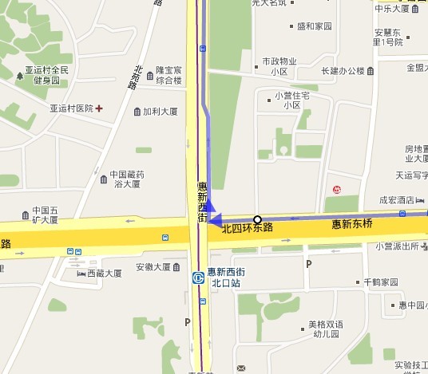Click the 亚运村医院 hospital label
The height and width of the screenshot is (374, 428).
click(71, 108)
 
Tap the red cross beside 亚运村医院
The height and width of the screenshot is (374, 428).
click(99, 108)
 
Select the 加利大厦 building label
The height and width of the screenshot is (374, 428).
click(160, 112)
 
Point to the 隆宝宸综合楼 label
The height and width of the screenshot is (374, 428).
click(168, 75)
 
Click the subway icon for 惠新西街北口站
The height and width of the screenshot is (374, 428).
click(198, 278)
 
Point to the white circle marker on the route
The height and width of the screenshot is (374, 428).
click(257, 219)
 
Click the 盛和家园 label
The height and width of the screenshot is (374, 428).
click(314, 26)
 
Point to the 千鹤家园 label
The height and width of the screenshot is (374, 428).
click(379, 282)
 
